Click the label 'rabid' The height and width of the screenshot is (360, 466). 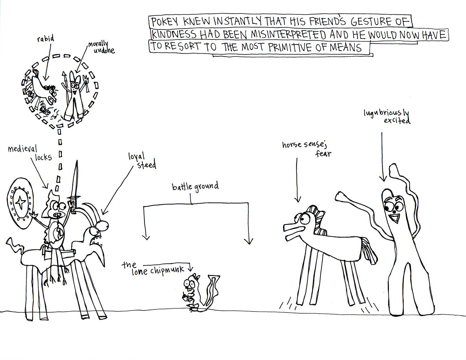46,39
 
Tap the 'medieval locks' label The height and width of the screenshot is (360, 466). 30,153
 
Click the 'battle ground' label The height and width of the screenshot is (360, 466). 195,187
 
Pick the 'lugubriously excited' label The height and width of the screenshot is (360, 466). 387,116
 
